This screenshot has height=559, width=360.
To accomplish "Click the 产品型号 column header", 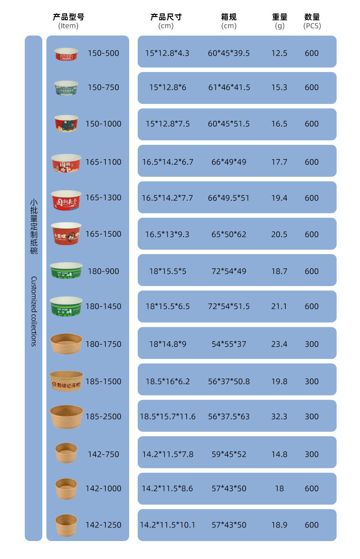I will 68,17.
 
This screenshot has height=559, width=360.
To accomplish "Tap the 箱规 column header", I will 229,17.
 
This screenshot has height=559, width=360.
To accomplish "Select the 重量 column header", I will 279,17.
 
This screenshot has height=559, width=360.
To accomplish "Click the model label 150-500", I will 103,53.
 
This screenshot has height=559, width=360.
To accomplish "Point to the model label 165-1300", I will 103,198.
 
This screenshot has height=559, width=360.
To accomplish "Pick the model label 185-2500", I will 103,416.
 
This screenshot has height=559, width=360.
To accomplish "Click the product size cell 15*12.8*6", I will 167,87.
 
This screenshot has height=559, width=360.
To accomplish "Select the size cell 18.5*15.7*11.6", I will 167,416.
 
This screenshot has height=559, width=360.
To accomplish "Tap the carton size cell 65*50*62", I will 229,234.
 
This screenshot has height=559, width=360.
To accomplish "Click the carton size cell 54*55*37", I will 229,344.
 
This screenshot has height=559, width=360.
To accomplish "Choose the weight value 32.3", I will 279,416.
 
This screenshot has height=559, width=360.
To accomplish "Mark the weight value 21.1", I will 279,306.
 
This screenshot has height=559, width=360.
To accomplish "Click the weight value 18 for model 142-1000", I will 279,488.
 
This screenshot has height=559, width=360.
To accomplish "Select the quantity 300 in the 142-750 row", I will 311,454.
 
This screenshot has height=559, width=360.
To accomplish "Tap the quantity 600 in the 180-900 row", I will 311,271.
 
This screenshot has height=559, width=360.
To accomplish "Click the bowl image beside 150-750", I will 66,88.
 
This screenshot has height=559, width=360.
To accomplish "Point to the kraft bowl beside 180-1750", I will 66,344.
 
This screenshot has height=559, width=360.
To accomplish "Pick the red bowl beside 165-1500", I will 66,233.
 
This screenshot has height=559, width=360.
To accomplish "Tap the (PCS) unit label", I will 312,26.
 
